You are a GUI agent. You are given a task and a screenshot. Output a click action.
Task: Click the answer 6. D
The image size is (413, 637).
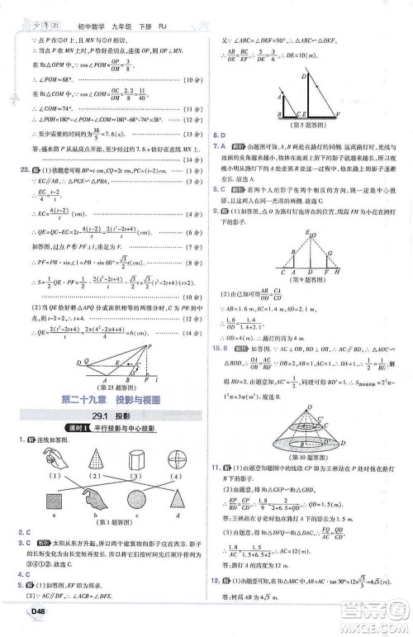tap(221, 134)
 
